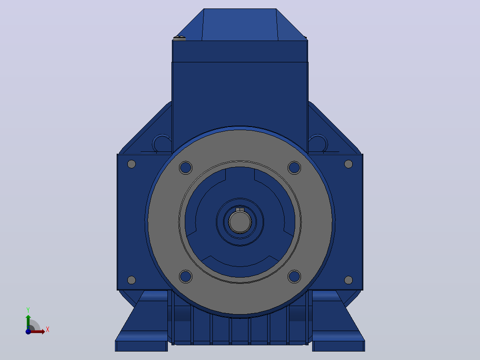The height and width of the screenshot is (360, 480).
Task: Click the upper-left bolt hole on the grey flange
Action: point(186,168)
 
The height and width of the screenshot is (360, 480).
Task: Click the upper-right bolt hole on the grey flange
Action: point(294,168)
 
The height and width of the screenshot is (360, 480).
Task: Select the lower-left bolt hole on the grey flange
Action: point(186,276)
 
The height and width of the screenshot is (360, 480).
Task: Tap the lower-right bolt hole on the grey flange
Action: point(294,276)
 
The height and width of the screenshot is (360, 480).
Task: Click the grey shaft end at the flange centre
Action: point(240,222)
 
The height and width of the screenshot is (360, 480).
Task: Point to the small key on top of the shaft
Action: point(240,209)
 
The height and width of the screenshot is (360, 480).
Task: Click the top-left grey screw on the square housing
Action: point(131,164)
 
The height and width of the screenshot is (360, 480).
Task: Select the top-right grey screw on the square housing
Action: point(348,164)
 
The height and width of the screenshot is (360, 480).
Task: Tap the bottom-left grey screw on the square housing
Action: point(131,280)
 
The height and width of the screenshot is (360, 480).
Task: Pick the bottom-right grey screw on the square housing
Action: point(348,280)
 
